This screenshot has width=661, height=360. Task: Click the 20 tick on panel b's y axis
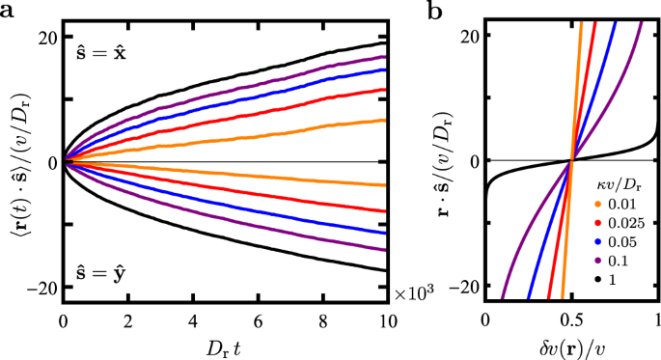click(470, 36)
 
